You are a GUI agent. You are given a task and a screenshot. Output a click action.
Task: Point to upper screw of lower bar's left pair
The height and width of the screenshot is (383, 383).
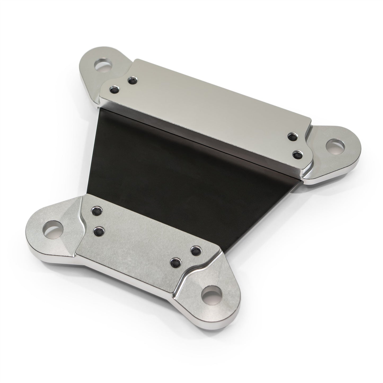click(96, 211)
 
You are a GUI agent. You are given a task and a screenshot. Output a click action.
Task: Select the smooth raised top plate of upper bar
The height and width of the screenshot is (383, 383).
click(207, 111)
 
